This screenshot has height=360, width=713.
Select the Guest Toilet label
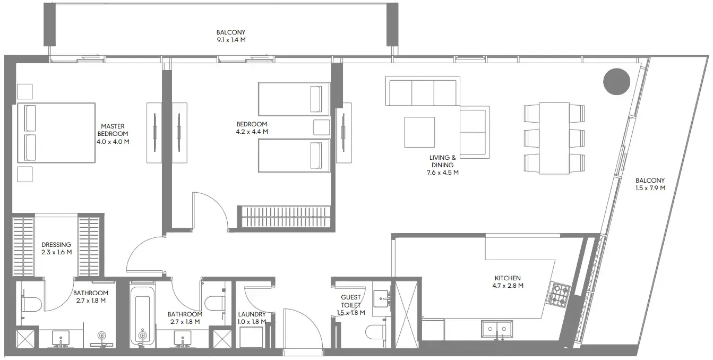coord(350,301)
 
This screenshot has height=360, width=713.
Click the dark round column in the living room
coord(616,82)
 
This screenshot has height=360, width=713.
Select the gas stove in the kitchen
coord(560,295)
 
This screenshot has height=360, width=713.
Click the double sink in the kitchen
coord(496,329)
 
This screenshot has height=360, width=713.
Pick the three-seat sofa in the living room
coord(423,92)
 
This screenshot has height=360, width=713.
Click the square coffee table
coord(419,132)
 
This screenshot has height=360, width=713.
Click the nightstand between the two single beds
coord(321,127)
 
